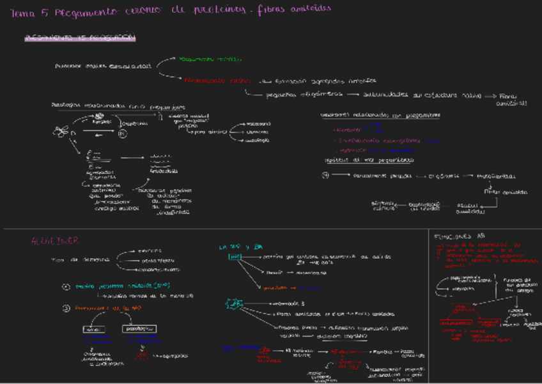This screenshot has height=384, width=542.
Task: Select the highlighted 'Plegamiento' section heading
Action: (x=80, y=38)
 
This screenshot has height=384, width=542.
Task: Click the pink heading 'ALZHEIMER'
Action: (x=54, y=240)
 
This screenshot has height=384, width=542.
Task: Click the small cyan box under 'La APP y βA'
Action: (x=235, y=257)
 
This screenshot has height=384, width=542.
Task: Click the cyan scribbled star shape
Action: (x=232, y=303)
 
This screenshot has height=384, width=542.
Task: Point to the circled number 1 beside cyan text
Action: (x=66, y=287)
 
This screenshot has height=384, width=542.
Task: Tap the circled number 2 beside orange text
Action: (x=66, y=308)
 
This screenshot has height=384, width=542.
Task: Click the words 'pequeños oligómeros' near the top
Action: (x=295, y=95)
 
